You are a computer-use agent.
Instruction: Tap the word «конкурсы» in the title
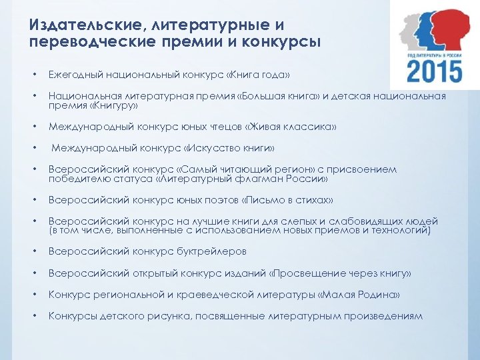[284, 42]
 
